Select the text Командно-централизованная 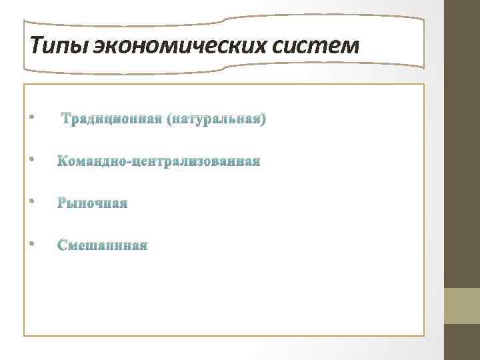coord(159,162)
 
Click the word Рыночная coord(92,203)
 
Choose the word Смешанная coord(103,245)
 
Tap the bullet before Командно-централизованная coord(31,159)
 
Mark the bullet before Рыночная coord(31,201)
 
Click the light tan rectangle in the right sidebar coord(462,305)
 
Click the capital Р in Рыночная coord(63,203)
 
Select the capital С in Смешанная coord(63,245)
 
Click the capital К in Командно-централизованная coord(63,162)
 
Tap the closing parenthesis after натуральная coord(264,120)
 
